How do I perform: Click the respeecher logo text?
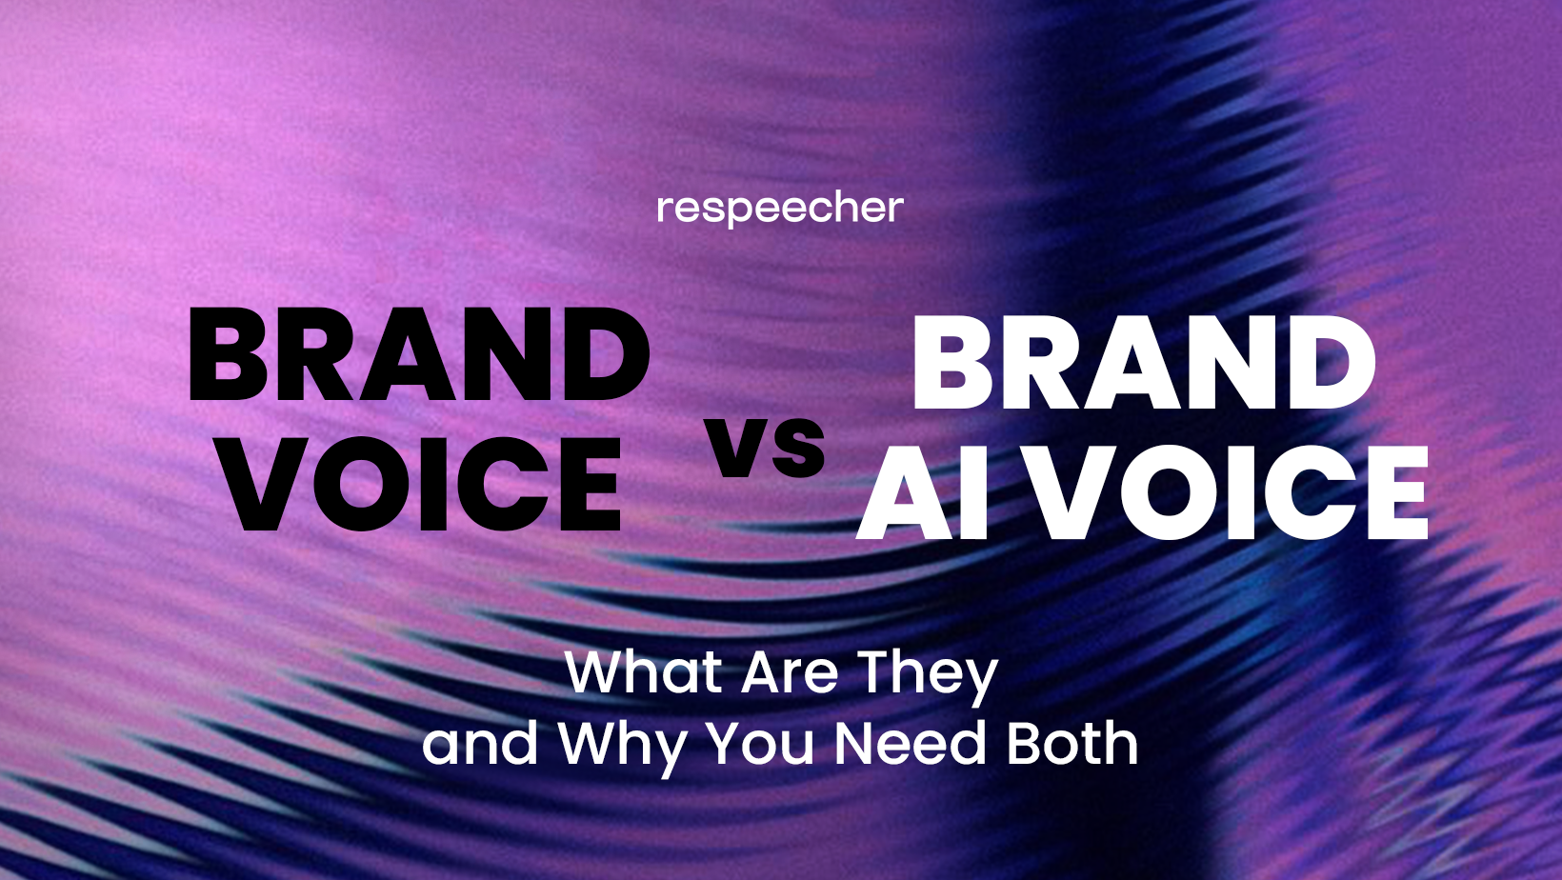780,209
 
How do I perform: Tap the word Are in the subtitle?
790,672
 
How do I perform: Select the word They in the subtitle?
928,674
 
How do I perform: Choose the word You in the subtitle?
760,744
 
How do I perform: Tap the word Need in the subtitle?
910,744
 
